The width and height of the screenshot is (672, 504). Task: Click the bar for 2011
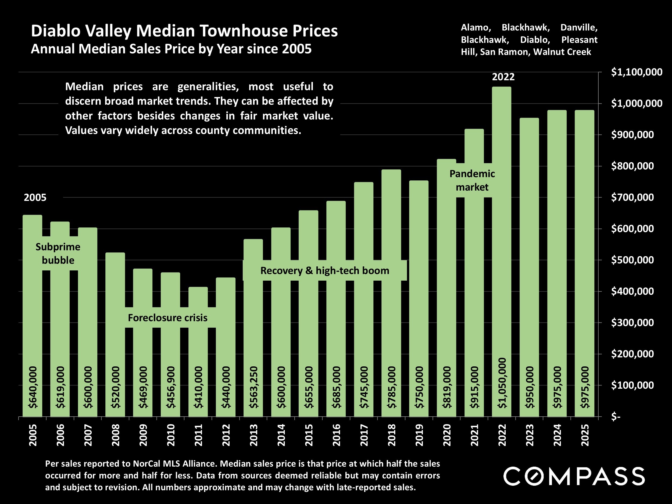coord(198,349)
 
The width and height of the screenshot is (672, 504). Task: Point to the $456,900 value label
coord(171,387)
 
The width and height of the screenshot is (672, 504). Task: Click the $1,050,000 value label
coord(502,383)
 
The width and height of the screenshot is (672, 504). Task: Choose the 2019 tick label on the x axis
coord(419,435)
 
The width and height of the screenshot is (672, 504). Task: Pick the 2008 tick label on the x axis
coord(115,435)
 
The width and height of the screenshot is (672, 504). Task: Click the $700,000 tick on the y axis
coord(632,198)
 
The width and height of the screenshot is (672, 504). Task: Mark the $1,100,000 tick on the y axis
coord(637,72)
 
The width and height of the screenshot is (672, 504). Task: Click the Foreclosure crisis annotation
coord(167,318)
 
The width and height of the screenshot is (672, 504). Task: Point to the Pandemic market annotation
coord(472,180)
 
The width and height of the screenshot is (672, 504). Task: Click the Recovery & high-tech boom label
coord(324,270)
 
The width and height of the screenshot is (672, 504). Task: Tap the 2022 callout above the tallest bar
coord(503,77)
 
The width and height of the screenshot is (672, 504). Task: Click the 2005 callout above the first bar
coord(35,198)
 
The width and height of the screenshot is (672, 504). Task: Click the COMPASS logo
coord(574,476)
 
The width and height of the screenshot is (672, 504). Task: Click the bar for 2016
coord(336,304)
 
